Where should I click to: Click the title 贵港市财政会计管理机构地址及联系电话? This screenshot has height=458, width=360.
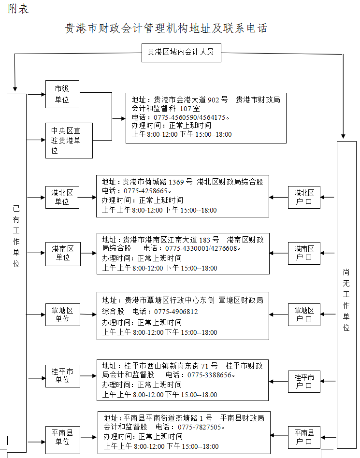166,28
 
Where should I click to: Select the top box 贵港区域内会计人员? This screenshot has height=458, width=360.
181,52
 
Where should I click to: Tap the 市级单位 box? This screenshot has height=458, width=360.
62,94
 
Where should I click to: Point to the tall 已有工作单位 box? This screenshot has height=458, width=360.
16,271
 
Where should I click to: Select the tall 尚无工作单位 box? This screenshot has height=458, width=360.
346,295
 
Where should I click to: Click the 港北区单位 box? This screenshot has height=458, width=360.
62,197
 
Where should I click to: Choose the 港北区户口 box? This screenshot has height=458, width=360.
304,197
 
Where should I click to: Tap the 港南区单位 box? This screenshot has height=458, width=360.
62,253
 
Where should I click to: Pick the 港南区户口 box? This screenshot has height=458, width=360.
304,253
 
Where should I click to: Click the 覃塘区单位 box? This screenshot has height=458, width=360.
62,315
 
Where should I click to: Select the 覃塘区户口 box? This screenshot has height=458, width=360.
304,315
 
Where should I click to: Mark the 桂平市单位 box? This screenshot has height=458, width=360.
62,375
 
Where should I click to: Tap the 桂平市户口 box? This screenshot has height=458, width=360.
304,381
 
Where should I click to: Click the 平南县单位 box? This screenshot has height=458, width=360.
62,437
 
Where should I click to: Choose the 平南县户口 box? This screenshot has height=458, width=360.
304,437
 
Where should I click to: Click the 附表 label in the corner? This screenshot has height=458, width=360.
18,9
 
